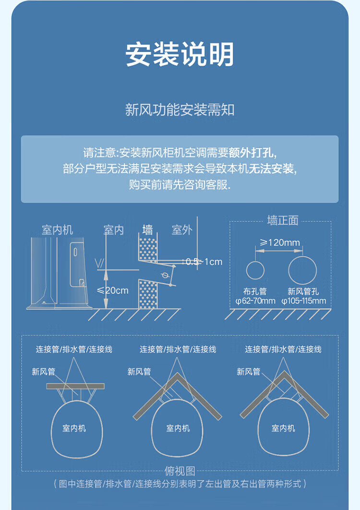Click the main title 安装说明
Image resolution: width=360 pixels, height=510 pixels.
[180, 55]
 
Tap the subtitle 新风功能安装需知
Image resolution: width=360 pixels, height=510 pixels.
[180, 109]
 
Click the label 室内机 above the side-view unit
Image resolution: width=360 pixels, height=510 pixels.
[57, 230]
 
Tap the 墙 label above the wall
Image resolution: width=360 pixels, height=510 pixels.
[148, 230]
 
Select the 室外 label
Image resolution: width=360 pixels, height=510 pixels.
[182, 230]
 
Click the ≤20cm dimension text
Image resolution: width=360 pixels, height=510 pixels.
[113, 291]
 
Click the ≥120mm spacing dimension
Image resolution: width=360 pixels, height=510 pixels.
[280, 243]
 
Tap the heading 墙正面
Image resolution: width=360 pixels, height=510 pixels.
[283, 220]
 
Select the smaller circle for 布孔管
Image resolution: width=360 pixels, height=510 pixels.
[255, 270]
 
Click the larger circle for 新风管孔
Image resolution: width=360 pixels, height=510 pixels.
[302, 270]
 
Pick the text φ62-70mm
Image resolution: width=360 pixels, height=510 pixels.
[255, 301]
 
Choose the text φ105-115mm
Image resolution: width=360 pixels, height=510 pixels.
[304, 301]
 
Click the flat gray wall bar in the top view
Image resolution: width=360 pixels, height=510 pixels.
[75, 386]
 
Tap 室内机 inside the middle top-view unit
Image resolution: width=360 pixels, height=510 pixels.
[178, 428]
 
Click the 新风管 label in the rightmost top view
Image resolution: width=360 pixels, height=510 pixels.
[248, 372]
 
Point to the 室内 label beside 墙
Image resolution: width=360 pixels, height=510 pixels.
[114, 230]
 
